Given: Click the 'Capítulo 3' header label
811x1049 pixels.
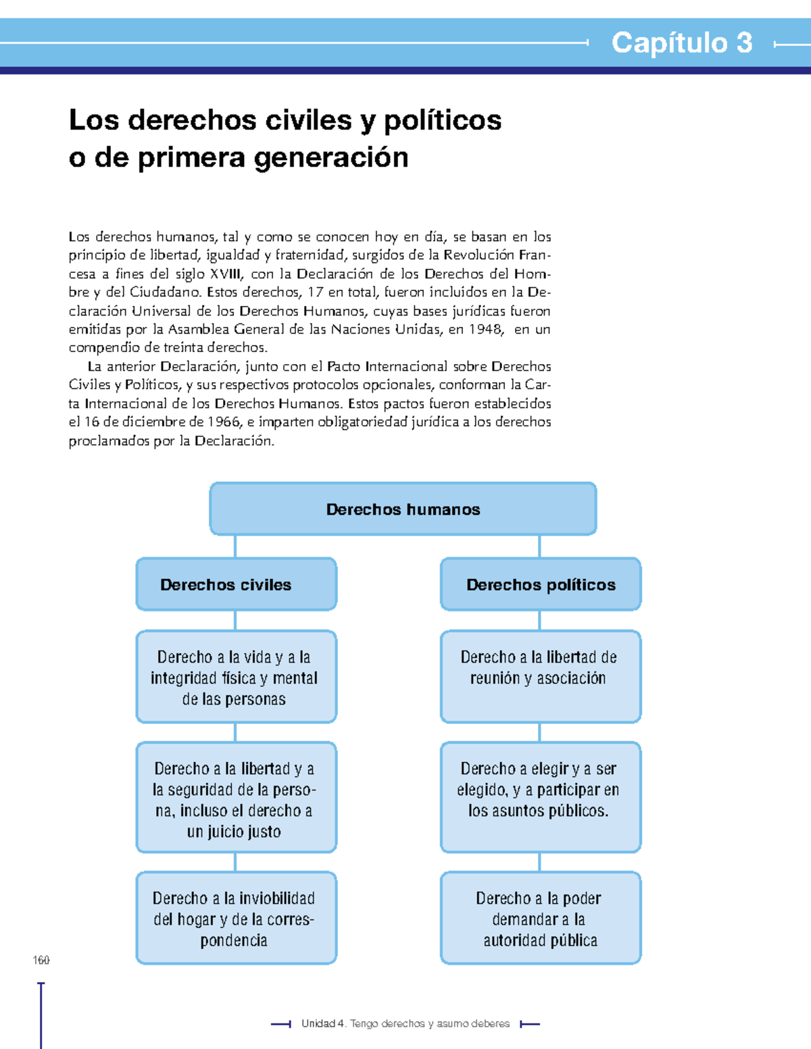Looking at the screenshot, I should point(681,43).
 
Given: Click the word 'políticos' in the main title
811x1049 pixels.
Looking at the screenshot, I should point(443,120).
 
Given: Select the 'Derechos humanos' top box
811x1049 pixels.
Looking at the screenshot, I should point(403,509).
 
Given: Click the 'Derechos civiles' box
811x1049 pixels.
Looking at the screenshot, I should point(236,584).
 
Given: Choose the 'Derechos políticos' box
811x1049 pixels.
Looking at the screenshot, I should point(541,584).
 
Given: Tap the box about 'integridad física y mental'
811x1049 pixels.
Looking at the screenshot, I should point(236,677).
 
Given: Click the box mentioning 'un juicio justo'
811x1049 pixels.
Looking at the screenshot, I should point(236,798).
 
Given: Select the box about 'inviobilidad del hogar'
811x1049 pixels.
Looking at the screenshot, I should point(236,918).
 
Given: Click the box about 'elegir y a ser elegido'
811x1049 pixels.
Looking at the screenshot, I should point(541,798).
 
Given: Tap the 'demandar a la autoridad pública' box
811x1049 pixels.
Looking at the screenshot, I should point(541,918).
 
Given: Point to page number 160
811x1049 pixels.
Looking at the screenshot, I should point(41,960).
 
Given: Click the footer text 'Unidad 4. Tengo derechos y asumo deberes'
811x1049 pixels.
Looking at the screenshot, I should point(405,1024).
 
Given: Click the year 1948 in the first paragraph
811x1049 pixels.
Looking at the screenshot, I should point(485,330).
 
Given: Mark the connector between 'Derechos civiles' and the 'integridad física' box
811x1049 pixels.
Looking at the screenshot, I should point(235,620).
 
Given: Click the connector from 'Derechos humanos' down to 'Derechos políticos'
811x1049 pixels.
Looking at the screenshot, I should point(539,546).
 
